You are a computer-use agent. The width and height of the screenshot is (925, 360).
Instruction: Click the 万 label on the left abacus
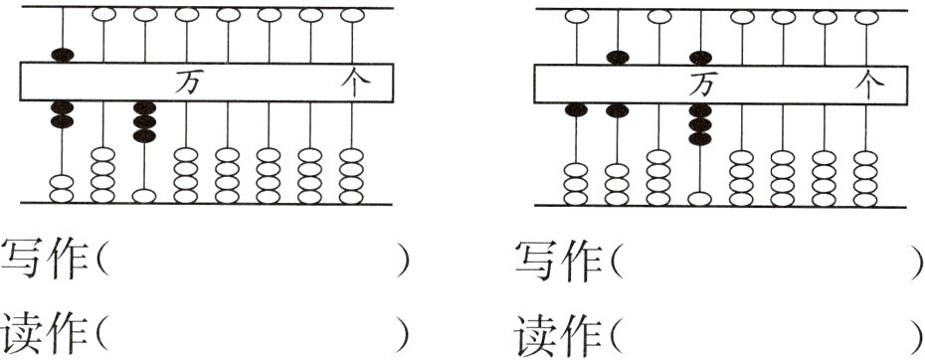(185, 83)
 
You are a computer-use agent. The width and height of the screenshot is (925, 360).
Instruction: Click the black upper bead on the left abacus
(62, 54)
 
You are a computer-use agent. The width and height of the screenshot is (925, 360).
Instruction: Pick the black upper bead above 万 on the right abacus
(701, 58)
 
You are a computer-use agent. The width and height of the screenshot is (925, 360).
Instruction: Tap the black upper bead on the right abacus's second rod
(618, 57)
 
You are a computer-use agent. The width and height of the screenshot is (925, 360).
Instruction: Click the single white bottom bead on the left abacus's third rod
(145, 195)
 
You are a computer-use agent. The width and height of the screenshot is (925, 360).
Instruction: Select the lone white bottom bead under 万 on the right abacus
(701, 197)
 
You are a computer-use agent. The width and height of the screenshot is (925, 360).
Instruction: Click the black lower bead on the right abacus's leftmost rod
(576, 109)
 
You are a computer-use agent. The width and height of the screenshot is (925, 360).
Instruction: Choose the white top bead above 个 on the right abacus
(867, 17)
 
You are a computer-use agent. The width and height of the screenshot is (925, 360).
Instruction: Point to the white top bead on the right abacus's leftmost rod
(576, 17)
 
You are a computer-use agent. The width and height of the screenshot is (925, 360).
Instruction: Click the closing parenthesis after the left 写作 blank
(403, 263)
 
